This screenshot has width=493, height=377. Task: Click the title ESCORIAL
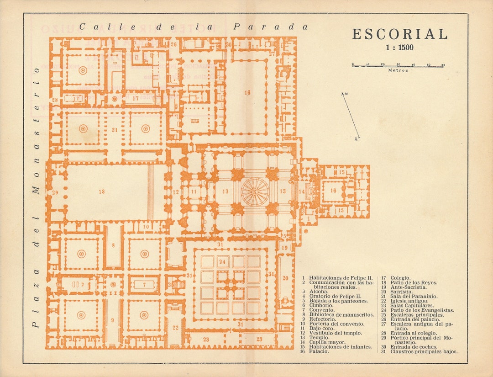point(399,34)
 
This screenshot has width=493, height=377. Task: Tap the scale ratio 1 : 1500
point(399,48)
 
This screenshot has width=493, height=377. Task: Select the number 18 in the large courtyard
point(102,192)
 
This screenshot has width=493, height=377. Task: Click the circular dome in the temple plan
point(255,191)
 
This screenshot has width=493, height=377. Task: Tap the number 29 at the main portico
point(55,192)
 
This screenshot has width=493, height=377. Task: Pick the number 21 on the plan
point(115,130)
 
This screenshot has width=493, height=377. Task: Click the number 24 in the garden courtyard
point(222,262)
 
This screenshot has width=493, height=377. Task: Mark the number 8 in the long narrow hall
point(113,245)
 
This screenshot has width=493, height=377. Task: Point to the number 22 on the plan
point(175,328)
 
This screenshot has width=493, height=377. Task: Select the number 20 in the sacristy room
point(285,278)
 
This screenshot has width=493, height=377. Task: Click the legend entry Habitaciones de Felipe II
point(340,278)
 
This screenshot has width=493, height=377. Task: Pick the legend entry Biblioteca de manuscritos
point(341,315)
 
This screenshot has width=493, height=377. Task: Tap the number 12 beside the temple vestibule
point(176,192)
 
